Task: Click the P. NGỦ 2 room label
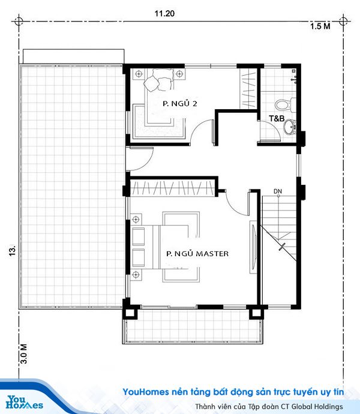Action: tap(180, 103)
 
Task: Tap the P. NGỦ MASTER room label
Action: tap(197, 253)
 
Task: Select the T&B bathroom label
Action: tap(277, 119)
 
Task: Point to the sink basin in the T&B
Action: tap(290, 127)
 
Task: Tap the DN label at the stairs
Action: tap(278, 191)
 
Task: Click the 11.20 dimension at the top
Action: tap(164, 13)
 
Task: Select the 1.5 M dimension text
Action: tap(320, 26)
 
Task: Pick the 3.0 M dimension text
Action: tap(24, 354)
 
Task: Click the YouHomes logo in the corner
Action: tap(24, 402)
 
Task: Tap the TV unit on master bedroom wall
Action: tap(254, 247)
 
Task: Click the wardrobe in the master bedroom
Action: tap(173, 187)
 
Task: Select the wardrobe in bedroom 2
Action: tap(248, 88)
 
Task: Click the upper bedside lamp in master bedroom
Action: tap(136, 219)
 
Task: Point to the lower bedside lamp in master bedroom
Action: tap(136, 275)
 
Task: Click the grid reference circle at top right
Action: tap(343, 20)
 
